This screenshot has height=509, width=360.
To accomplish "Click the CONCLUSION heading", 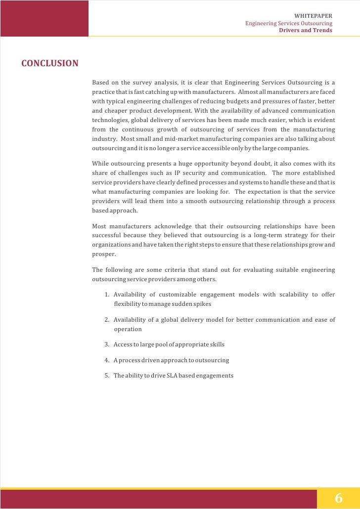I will pyautogui.click(x=49, y=63).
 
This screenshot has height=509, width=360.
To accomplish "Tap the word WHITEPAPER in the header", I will pyautogui.click(x=313, y=16).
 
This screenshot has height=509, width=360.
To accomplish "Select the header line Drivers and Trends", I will pyautogui.click(x=306, y=30).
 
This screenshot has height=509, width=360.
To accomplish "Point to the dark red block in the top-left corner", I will pyautogui.click(x=44, y=18).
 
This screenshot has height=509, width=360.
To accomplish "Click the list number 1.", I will pyautogui.click(x=107, y=295).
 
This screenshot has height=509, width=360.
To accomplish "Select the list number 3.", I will pyautogui.click(x=107, y=344).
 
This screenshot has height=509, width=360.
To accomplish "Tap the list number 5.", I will pyautogui.click(x=107, y=376).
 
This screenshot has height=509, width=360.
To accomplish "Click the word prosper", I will pyautogui.click(x=103, y=254).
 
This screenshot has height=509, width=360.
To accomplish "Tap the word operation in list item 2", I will pyautogui.click(x=128, y=329).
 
